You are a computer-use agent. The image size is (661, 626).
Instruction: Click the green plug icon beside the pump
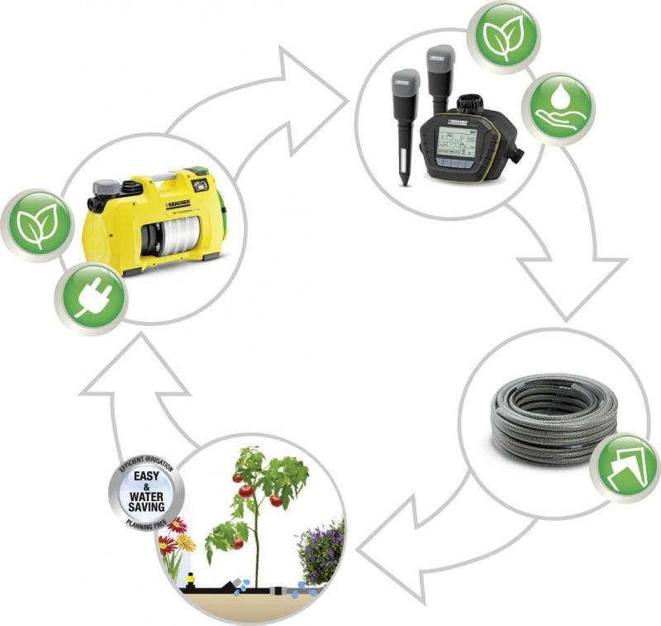90,298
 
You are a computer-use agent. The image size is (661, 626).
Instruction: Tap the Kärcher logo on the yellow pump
178,203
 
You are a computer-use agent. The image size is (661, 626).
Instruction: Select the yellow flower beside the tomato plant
187,542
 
